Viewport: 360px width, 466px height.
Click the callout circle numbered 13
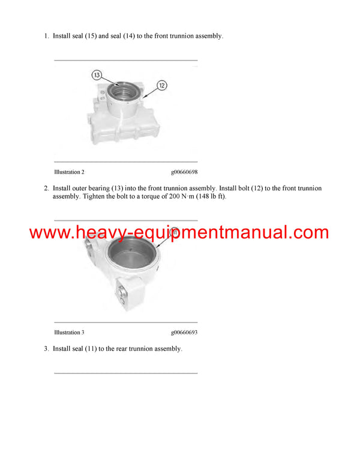pyautogui.click(x=97, y=75)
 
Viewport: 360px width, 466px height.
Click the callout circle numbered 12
pyautogui.click(x=162, y=86)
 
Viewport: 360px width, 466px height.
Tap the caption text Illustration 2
pyautogui.click(x=69, y=172)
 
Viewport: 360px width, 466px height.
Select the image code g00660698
pyautogui.click(x=184, y=172)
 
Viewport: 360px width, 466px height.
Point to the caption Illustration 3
pyautogui.click(x=69, y=332)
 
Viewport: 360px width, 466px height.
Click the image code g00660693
pyautogui.click(x=184, y=332)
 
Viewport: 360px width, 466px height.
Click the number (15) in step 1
pyautogui.click(x=91, y=36)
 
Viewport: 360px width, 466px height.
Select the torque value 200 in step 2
pyautogui.click(x=175, y=196)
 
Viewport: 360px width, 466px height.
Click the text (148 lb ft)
pyautogui.click(x=211, y=196)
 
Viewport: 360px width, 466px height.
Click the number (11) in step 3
pyautogui.click(x=91, y=349)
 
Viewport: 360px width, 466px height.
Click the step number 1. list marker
pyautogui.click(x=46, y=36)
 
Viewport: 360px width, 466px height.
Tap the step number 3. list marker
pyautogui.click(x=46, y=349)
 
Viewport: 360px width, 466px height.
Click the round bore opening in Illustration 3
pyautogui.click(x=132, y=252)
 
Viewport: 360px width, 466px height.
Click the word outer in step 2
pyautogui.click(x=80, y=189)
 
